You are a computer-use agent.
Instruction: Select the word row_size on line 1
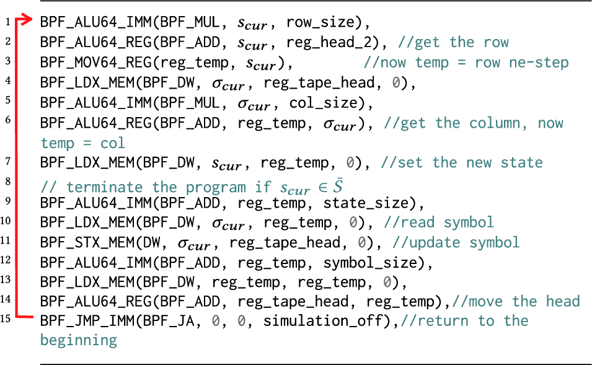327,23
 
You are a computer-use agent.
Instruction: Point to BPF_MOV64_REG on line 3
93,63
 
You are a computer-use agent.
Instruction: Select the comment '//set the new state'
462,162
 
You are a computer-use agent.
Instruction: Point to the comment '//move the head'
516,301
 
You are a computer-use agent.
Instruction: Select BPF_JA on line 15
186,321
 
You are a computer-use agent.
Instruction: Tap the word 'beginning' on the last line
79,340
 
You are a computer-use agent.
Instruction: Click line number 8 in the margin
7,182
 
